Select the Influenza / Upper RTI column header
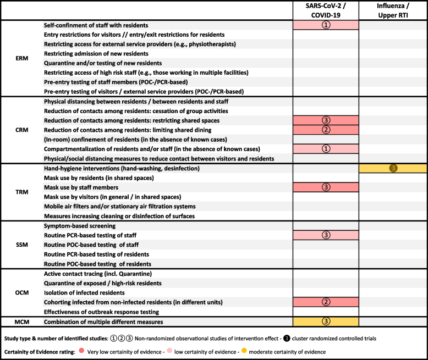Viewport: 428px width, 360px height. (393, 10)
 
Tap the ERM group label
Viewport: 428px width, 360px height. (22, 57)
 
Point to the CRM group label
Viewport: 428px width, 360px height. (22, 130)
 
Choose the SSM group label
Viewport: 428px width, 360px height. (22, 244)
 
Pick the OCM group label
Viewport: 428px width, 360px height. (22, 293)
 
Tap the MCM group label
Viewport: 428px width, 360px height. (22, 320)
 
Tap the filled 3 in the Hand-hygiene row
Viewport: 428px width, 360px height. (393, 168)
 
